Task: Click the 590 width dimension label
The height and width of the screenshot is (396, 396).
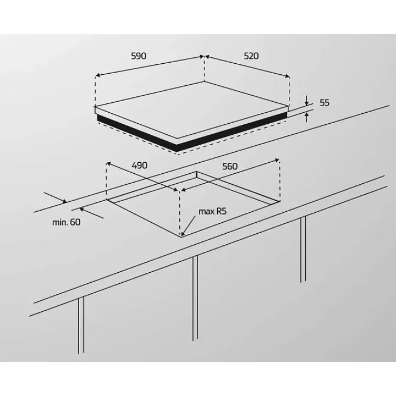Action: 139,56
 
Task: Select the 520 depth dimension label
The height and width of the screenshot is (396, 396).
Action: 251,56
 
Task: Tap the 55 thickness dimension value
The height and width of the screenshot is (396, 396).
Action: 324,103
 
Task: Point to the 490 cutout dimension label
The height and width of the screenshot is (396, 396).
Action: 140,166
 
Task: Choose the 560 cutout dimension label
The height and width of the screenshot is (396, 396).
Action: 230,167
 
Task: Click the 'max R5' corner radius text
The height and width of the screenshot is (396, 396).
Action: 212,211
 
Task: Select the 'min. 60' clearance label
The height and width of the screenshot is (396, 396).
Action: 66,222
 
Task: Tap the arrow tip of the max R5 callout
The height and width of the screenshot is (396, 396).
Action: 182,235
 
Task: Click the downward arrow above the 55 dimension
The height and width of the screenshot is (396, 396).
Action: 306,100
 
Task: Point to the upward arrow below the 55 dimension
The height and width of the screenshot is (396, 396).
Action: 306,118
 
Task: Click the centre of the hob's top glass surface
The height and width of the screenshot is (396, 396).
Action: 192,110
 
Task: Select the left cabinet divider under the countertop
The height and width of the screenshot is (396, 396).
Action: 81,325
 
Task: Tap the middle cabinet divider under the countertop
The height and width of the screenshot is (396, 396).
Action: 195,298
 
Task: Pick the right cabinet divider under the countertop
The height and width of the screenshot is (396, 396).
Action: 303,249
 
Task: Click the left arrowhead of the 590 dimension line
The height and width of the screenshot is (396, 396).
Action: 98,75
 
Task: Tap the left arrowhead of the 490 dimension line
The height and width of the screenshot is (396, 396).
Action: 108,164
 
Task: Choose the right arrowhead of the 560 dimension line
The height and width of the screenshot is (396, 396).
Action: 277,160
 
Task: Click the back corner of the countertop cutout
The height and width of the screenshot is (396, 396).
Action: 197,172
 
